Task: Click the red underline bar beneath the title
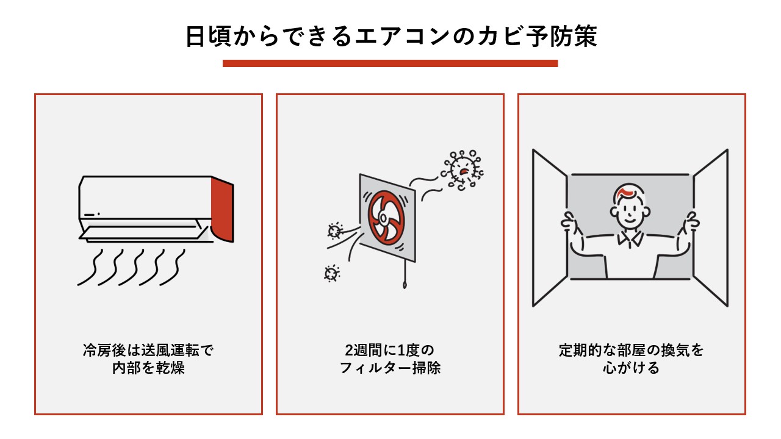[x=390, y=63]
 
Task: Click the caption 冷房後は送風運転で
[x=148, y=351]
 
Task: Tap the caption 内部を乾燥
[x=148, y=369]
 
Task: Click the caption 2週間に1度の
[x=390, y=351]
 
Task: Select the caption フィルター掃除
[x=390, y=369]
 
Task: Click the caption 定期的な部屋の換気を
[x=632, y=351]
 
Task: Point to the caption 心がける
[x=632, y=369]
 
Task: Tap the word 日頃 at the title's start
[x=206, y=37]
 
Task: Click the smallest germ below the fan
[x=331, y=273]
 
